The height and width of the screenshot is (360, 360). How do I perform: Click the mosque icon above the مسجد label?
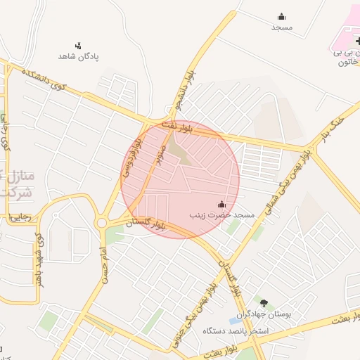[282, 16]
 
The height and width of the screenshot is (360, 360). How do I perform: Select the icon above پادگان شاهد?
[79, 45]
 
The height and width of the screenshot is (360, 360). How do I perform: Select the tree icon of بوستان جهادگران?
[264, 303]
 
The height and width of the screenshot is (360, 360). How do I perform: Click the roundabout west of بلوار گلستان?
[101, 224]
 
